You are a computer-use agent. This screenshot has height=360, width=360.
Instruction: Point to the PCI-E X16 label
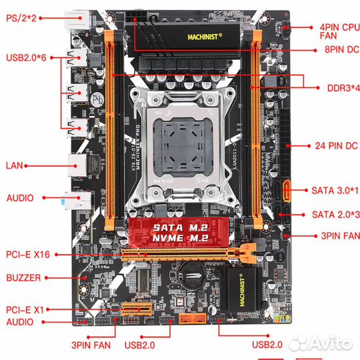pyautogui.click(x=28, y=254)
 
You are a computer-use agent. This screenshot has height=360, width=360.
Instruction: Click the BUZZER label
pyautogui.click(x=24, y=277)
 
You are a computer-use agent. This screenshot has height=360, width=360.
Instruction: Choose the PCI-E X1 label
pyautogui.click(x=25, y=310)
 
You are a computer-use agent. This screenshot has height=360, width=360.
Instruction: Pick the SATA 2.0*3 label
pyautogui.click(x=335, y=214)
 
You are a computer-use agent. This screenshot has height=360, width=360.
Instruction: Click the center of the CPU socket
pyautogui.click(x=181, y=139)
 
